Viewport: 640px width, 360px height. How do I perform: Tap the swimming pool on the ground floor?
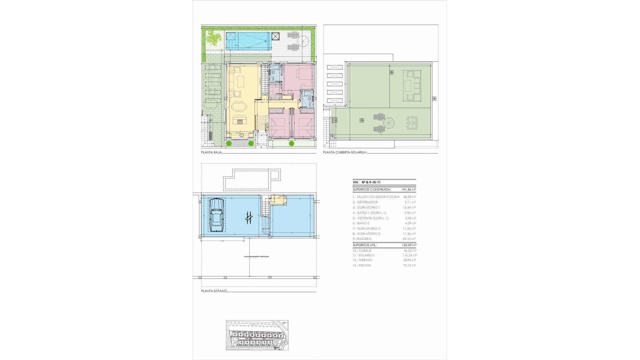coord(247,41)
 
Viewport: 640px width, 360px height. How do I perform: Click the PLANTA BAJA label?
coord(211,152)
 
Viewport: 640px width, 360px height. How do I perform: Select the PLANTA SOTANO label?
coord(214,291)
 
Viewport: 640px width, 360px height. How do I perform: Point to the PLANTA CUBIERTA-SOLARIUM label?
coord(345,152)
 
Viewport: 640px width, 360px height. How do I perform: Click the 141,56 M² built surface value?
coord(409,189)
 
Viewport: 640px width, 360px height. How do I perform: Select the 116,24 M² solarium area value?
coord(409,255)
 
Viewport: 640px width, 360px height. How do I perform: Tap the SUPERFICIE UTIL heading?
coord(365,245)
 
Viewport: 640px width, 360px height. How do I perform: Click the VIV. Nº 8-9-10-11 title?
coord(367,182)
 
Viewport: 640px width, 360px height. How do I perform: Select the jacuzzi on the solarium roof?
coord(412,123)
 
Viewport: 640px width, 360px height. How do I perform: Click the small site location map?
coord(257,335)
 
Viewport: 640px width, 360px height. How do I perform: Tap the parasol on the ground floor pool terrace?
coord(303,41)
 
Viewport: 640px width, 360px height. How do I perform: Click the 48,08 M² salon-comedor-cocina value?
coord(409,197)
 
